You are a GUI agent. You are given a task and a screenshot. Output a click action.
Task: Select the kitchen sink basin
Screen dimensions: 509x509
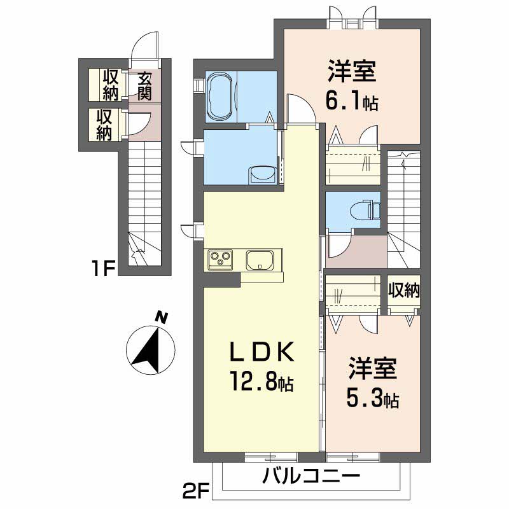click(x=260, y=261)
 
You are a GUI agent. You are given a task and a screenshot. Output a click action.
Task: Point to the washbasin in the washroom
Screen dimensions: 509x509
click(x=261, y=174)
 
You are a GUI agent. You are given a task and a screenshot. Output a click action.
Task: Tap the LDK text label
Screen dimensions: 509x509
click(x=261, y=352)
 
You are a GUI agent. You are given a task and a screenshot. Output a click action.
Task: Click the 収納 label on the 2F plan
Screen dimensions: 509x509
click(x=404, y=291)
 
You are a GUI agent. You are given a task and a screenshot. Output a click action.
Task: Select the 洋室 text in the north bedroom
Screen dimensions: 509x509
click(x=351, y=72)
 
